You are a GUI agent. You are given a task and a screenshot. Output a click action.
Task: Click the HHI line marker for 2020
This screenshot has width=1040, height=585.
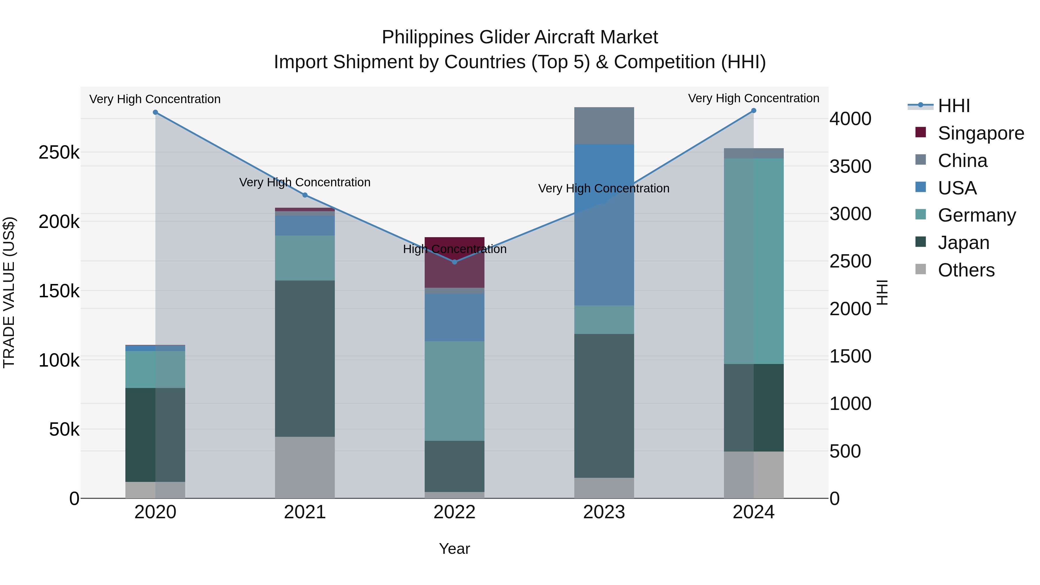tap(155, 112)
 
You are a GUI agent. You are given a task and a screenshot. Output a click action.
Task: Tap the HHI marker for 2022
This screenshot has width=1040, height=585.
tap(455, 262)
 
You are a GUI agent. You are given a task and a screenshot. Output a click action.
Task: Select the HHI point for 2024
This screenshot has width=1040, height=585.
tap(753, 111)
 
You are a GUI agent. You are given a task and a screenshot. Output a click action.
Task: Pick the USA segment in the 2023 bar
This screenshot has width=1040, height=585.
tap(604, 242)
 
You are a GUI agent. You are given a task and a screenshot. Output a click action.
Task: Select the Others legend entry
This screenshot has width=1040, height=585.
tap(966, 270)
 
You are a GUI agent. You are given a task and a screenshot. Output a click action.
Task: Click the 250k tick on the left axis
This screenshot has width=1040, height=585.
tap(59, 153)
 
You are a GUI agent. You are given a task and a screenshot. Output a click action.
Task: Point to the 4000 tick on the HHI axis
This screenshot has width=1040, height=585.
tap(850, 119)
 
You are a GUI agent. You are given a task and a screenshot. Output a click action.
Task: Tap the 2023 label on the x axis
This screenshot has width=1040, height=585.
tap(604, 512)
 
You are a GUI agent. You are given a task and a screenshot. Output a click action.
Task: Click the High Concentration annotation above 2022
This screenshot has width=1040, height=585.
tap(455, 249)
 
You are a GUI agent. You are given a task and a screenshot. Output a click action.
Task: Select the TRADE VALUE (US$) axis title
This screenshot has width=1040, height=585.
tap(9, 292)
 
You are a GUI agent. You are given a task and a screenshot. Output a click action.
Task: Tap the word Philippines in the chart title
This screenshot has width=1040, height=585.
tap(428, 37)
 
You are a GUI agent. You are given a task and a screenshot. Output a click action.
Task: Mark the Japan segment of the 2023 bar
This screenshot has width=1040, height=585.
tap(604, 406)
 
